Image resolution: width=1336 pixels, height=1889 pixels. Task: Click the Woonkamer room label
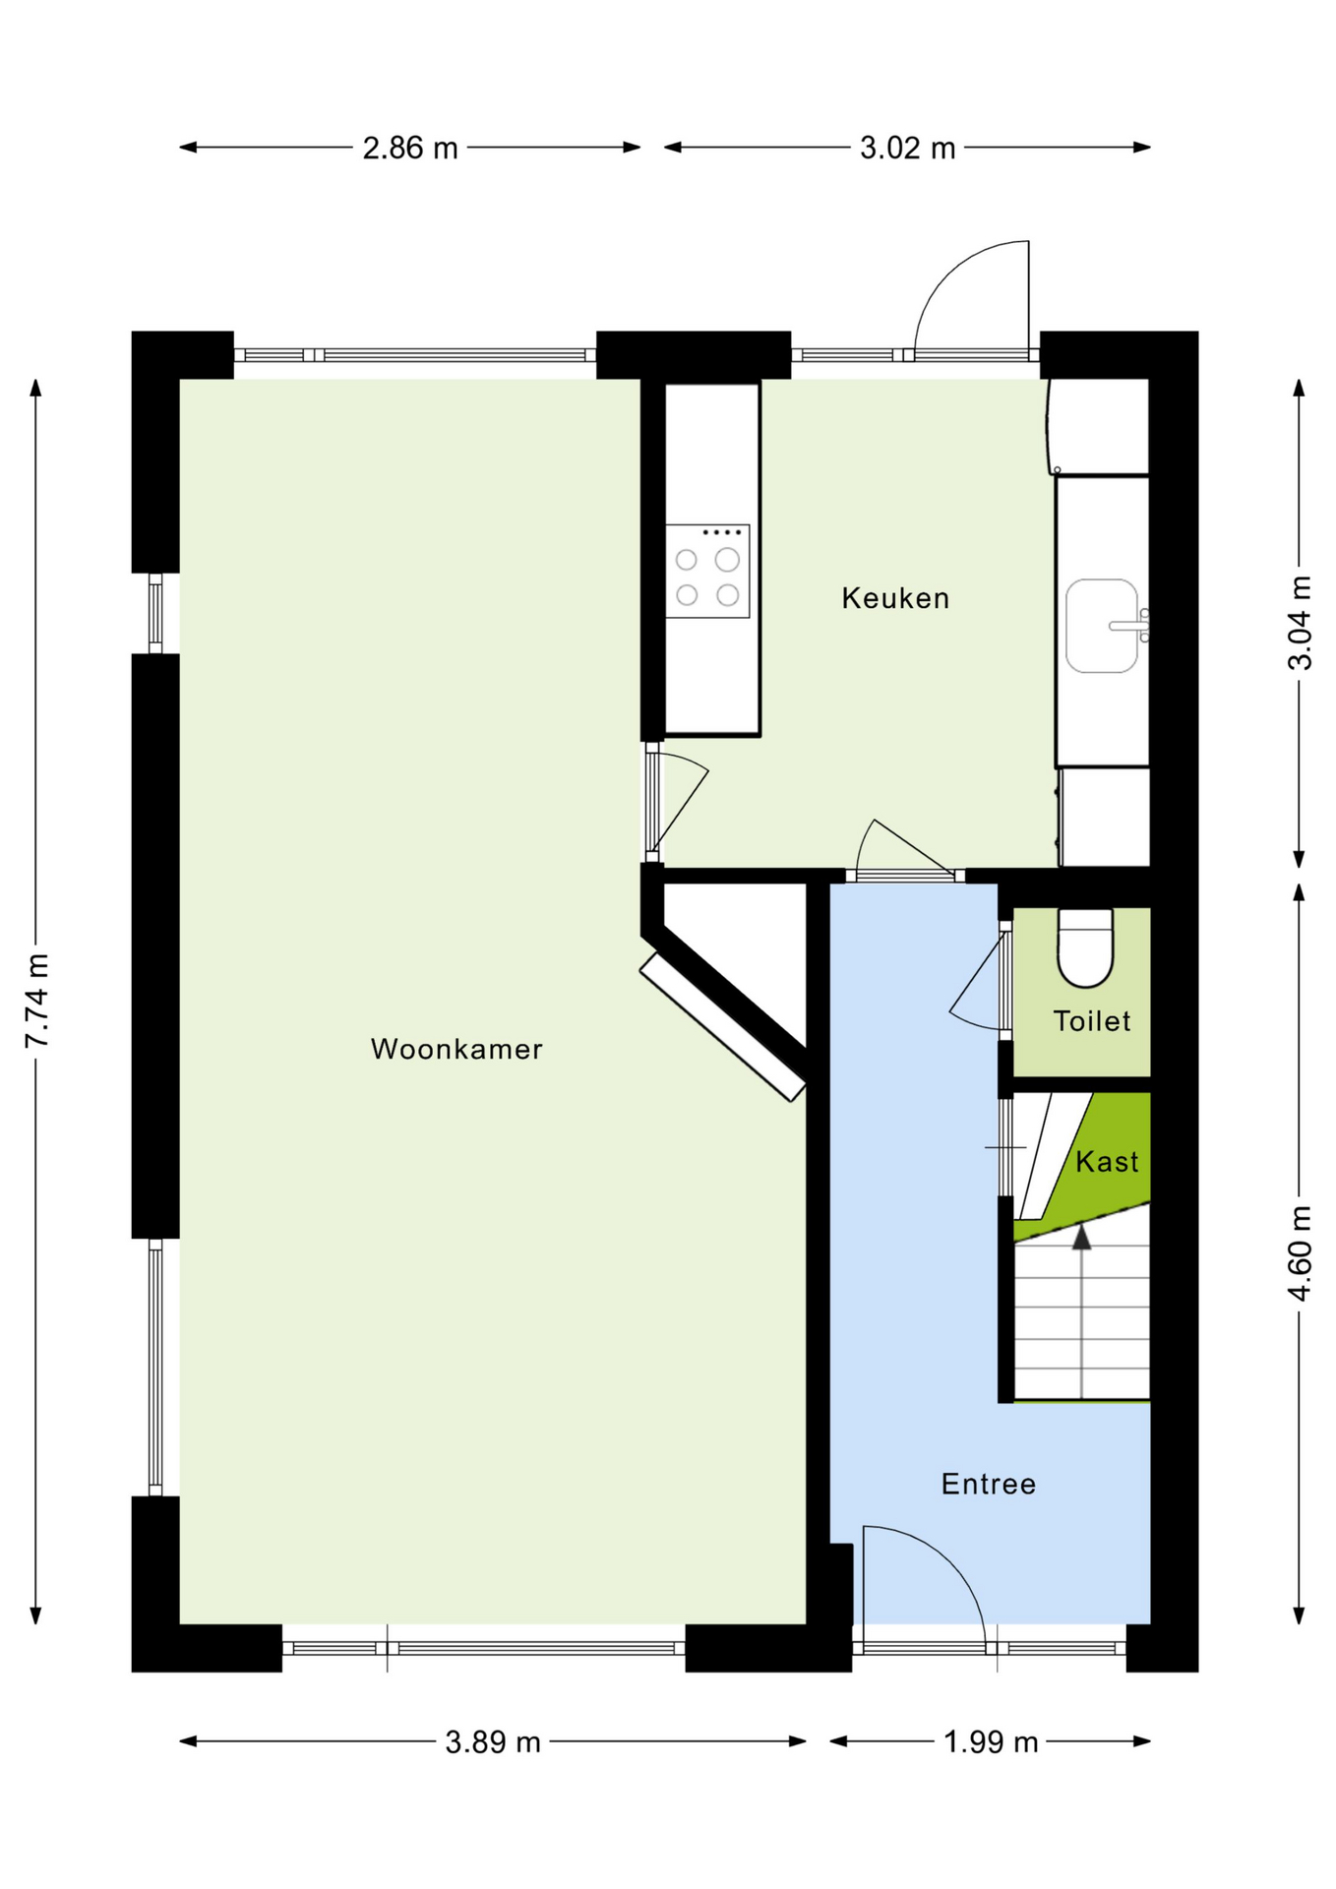click(x=456, y=1049)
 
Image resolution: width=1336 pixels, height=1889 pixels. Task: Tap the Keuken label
click(x=895, y=598)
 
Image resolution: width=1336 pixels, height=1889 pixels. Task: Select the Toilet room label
click(x=1092, y=1021)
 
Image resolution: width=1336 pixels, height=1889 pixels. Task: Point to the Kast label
click(x=1107, y=1162)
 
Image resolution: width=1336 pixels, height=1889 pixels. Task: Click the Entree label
click(x=989, y=1484)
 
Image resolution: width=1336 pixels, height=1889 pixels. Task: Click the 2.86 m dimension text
click(x=410, y=148)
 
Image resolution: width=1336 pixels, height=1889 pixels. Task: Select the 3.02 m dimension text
click(x=908, y=148)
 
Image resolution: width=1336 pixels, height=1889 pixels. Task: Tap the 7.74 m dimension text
click(x=36, y=1001)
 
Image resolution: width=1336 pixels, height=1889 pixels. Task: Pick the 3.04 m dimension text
click(x=1300, y=624)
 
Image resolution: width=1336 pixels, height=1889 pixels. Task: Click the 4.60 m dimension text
click(x=1300, y=1252)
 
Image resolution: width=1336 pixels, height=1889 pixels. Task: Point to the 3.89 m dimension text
click(x=493, y=1742)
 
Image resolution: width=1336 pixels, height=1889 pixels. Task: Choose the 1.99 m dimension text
click(x=991, y=1742)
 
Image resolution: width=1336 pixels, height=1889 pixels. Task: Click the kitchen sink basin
click(x=1102, y=626)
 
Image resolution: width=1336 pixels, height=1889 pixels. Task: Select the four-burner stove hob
click(x=707, y=572)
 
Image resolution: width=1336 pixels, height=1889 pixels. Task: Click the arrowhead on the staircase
click(x=1082, y=1237)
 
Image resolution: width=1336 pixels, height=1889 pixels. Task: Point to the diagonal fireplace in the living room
click(x=723, y=1027)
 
